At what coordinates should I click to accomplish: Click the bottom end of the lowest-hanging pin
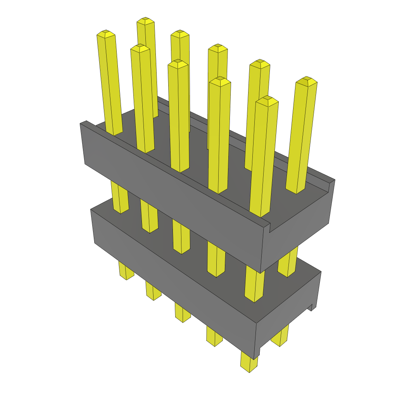(x=249, y=368)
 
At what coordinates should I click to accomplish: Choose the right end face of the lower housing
(x=289, y=318)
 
